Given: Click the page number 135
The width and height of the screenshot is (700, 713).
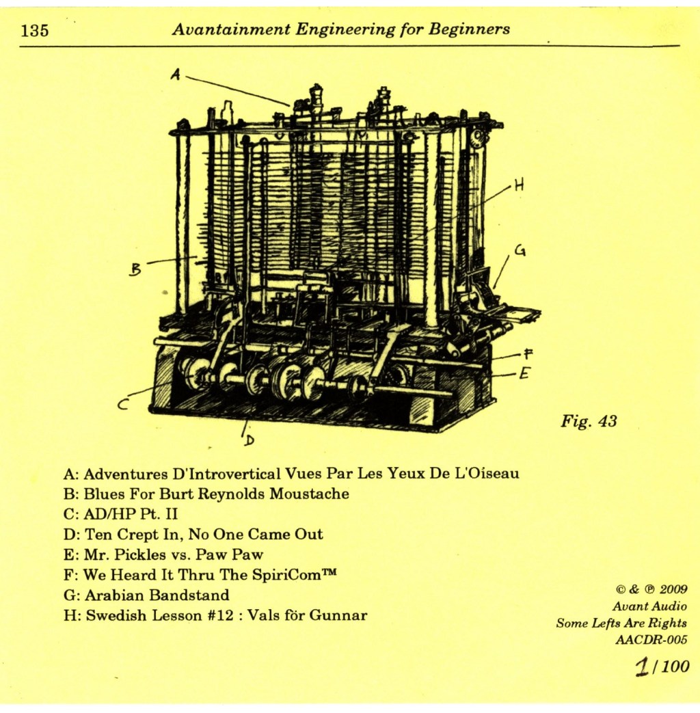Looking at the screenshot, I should click(35, 31).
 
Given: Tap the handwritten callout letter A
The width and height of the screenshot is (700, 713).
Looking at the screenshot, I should click(176, 76).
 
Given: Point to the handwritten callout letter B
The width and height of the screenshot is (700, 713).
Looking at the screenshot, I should click(135, 270).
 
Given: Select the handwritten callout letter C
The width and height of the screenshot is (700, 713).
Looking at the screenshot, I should click(124, 405).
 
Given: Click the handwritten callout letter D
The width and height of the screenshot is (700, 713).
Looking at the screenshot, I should click(249, 440).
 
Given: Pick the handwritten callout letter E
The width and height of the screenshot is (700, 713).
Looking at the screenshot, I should click(524, 373).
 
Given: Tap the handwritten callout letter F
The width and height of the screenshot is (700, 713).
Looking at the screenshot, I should click(528, 353).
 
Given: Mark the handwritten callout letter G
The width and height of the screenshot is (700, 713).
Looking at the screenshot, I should click(520, 252).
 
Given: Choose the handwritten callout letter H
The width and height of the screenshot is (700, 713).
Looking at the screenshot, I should click(519, 185).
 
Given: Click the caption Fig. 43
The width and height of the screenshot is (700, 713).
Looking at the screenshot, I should click(589, 421).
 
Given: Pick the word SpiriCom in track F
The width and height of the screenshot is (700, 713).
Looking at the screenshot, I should click(283, 575).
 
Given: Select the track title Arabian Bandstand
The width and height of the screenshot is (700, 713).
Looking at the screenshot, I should click(156, 595).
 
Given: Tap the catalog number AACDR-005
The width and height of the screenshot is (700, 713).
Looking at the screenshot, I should click(651, 640).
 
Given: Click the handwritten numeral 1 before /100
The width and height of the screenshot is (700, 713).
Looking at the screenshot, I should click(642, 667).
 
